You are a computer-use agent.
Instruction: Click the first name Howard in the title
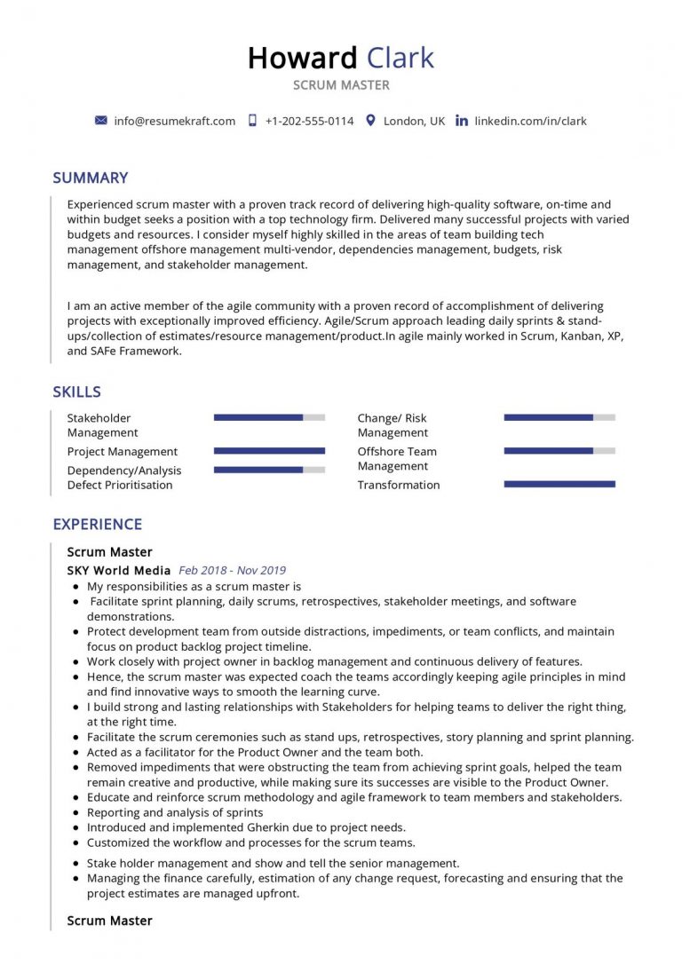(301, 58)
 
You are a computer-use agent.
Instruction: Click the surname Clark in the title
(399, 58)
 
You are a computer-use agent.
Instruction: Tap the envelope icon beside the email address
(100, 121)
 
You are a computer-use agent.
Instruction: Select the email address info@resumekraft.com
(174, 121)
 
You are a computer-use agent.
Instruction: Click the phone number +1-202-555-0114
(308, 121)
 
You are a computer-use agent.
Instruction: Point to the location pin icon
(370, 121)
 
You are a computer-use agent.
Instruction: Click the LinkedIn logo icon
(461, 121)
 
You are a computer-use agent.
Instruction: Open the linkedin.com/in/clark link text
(530, 121)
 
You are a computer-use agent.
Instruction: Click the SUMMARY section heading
(90, 178)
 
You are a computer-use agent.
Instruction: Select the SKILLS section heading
(76, 392)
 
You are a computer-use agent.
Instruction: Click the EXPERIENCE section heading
(97, 525)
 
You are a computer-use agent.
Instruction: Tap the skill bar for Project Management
(269, 451)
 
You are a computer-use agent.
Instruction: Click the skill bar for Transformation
(559, 484)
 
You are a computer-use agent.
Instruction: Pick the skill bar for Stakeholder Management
(269, 417)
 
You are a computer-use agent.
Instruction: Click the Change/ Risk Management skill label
(392, 425)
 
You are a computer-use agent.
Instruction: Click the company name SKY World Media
(119, 571)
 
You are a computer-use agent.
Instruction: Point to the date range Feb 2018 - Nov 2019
(232, 571)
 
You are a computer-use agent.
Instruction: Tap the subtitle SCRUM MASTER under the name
(341, 85)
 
